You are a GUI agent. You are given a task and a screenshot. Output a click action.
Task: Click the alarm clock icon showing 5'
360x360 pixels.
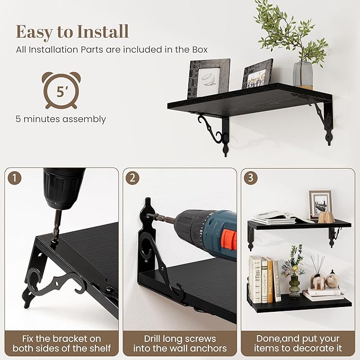(61, 91)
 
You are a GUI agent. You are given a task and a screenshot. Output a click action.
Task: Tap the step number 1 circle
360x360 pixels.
(14, 178)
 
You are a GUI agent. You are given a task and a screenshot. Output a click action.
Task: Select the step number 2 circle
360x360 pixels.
(133, 178)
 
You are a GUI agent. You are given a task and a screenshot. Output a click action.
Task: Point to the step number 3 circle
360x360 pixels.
(250, 178)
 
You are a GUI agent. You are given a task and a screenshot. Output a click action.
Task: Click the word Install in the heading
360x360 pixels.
(103, 31)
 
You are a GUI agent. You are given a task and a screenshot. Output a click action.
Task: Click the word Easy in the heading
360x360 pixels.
(34, 33)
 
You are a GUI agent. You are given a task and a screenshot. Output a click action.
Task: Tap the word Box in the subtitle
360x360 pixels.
(200, 50)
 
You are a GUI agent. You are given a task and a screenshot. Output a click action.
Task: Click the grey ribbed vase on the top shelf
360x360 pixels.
(303, 75)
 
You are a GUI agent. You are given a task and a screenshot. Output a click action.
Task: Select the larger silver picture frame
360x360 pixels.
(209, 78)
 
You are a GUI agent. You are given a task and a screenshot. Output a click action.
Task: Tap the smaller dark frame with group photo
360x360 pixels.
(257, 74)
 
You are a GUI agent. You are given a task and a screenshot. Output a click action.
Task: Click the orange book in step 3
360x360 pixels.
(270, 279)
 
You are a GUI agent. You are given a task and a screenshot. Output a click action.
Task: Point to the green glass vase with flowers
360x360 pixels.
(294, 286)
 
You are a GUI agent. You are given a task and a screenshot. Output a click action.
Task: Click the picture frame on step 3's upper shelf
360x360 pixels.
(320, 204)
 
